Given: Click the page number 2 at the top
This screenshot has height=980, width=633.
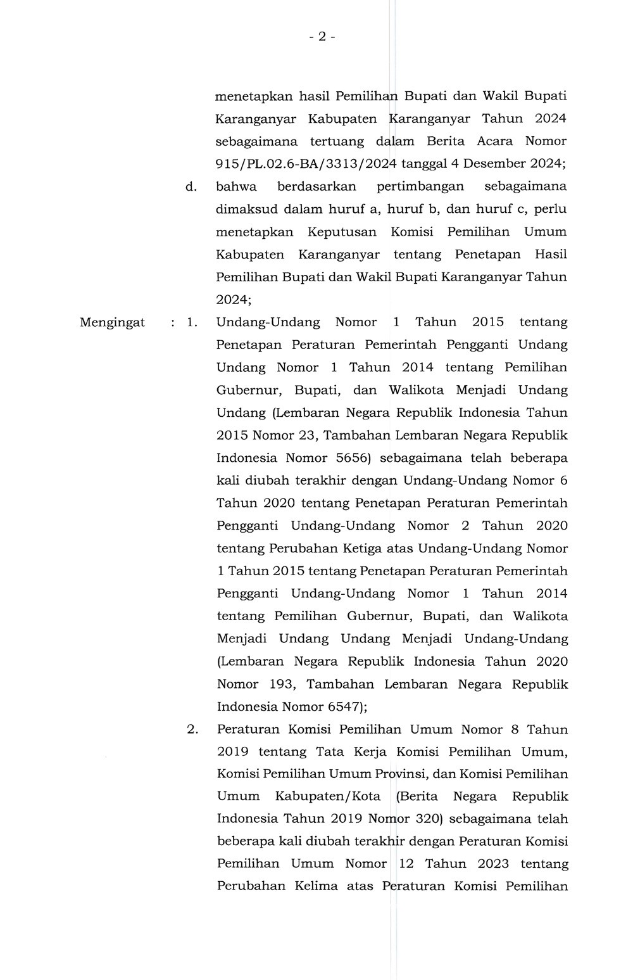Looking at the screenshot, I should click(322, 37).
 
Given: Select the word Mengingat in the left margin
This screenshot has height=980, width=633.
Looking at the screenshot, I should click(112, 322).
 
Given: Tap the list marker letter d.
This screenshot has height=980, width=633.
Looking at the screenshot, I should click(191, 186).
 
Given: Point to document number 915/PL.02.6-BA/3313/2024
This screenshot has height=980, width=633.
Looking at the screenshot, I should click(306, 163).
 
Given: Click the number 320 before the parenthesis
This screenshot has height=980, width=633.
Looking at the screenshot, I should click(427, 818).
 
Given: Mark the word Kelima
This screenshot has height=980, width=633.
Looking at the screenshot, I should click(316, 886).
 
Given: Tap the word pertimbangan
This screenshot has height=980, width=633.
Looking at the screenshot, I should click(420, 186).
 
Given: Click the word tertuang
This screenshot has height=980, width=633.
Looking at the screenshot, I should click(335, 141).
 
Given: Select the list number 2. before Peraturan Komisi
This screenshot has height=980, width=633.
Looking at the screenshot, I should click(192, 729).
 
